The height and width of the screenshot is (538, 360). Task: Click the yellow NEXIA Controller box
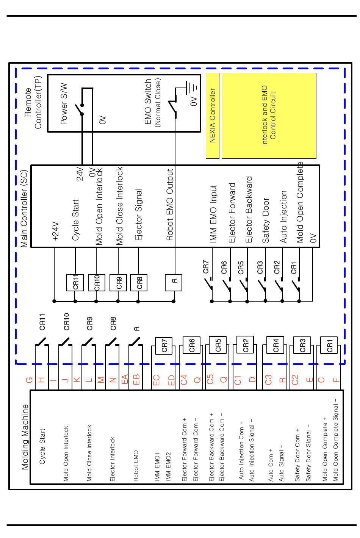tap(213, 116)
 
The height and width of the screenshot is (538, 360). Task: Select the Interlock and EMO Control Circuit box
tap(269, 116)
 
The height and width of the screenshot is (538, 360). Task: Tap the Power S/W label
tap(64, 104)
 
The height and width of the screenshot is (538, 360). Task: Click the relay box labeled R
tap(174, 282)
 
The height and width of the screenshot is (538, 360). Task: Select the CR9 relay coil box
tap(118, 282)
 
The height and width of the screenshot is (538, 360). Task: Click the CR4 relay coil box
tap(275, 345)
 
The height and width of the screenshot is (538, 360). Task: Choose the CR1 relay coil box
tap(329, 345)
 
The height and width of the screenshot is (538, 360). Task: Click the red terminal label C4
tap(184, 379)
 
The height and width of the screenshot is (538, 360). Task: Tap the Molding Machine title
tap(25, 437)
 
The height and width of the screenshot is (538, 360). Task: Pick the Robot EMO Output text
tap(170, 205)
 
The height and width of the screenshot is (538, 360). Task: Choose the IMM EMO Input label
tap(213, 214)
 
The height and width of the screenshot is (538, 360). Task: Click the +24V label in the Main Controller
tap(56, 231)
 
